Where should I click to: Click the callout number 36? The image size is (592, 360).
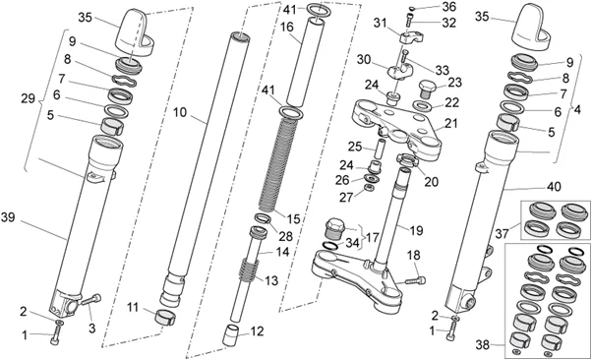click(x=448, y=7)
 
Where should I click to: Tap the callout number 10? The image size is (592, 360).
click(x=180, y=112)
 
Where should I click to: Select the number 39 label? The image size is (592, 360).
click(x=8, y=218)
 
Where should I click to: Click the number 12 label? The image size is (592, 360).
click(x=257, y=331)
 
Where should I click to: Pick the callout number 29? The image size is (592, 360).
click(x=29, y=99)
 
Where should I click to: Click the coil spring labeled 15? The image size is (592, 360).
click(x=281, y=164)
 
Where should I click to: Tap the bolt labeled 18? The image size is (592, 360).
click(x=415, y=280)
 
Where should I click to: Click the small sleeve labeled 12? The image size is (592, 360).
click(x=232, y=334)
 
